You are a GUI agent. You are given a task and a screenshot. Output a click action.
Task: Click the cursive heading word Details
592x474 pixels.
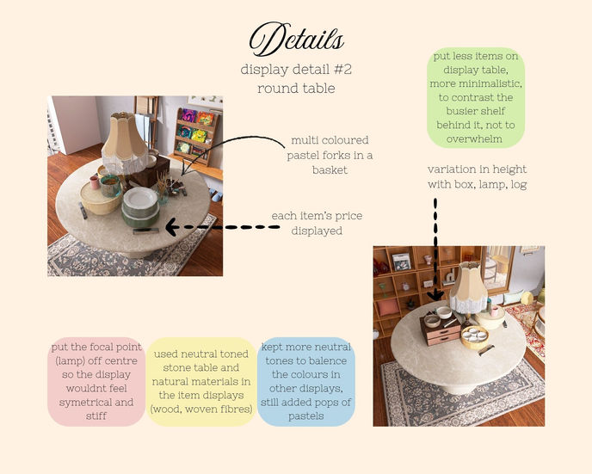pyautogui.click(x=296, y=39)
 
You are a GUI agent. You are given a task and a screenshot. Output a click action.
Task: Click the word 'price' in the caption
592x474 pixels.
pyautogui.click(x=348, y=216)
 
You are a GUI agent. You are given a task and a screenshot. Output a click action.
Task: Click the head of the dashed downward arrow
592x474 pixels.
pyautogui.click(x=436, y=295)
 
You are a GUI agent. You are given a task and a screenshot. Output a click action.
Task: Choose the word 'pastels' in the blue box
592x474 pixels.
pyautogui.click(x=306, y=416)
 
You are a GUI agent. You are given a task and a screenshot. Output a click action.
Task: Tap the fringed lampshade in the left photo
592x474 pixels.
pyautogui.click(x=125, y=142)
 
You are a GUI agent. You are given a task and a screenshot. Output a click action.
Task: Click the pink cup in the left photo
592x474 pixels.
pyautogui.click(x=95, y=182)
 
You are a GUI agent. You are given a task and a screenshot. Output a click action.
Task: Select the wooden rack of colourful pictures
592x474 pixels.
pyautogui.click(x=195, y=136)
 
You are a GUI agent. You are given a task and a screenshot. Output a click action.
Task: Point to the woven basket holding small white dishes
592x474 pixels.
pyautogui.click(x=475, y=337)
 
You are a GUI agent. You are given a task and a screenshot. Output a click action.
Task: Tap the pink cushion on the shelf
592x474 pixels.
pyautogui.click(x=388, y=307)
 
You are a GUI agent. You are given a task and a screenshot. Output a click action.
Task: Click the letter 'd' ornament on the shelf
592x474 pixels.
pyautogui.click(x=450, y=277)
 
